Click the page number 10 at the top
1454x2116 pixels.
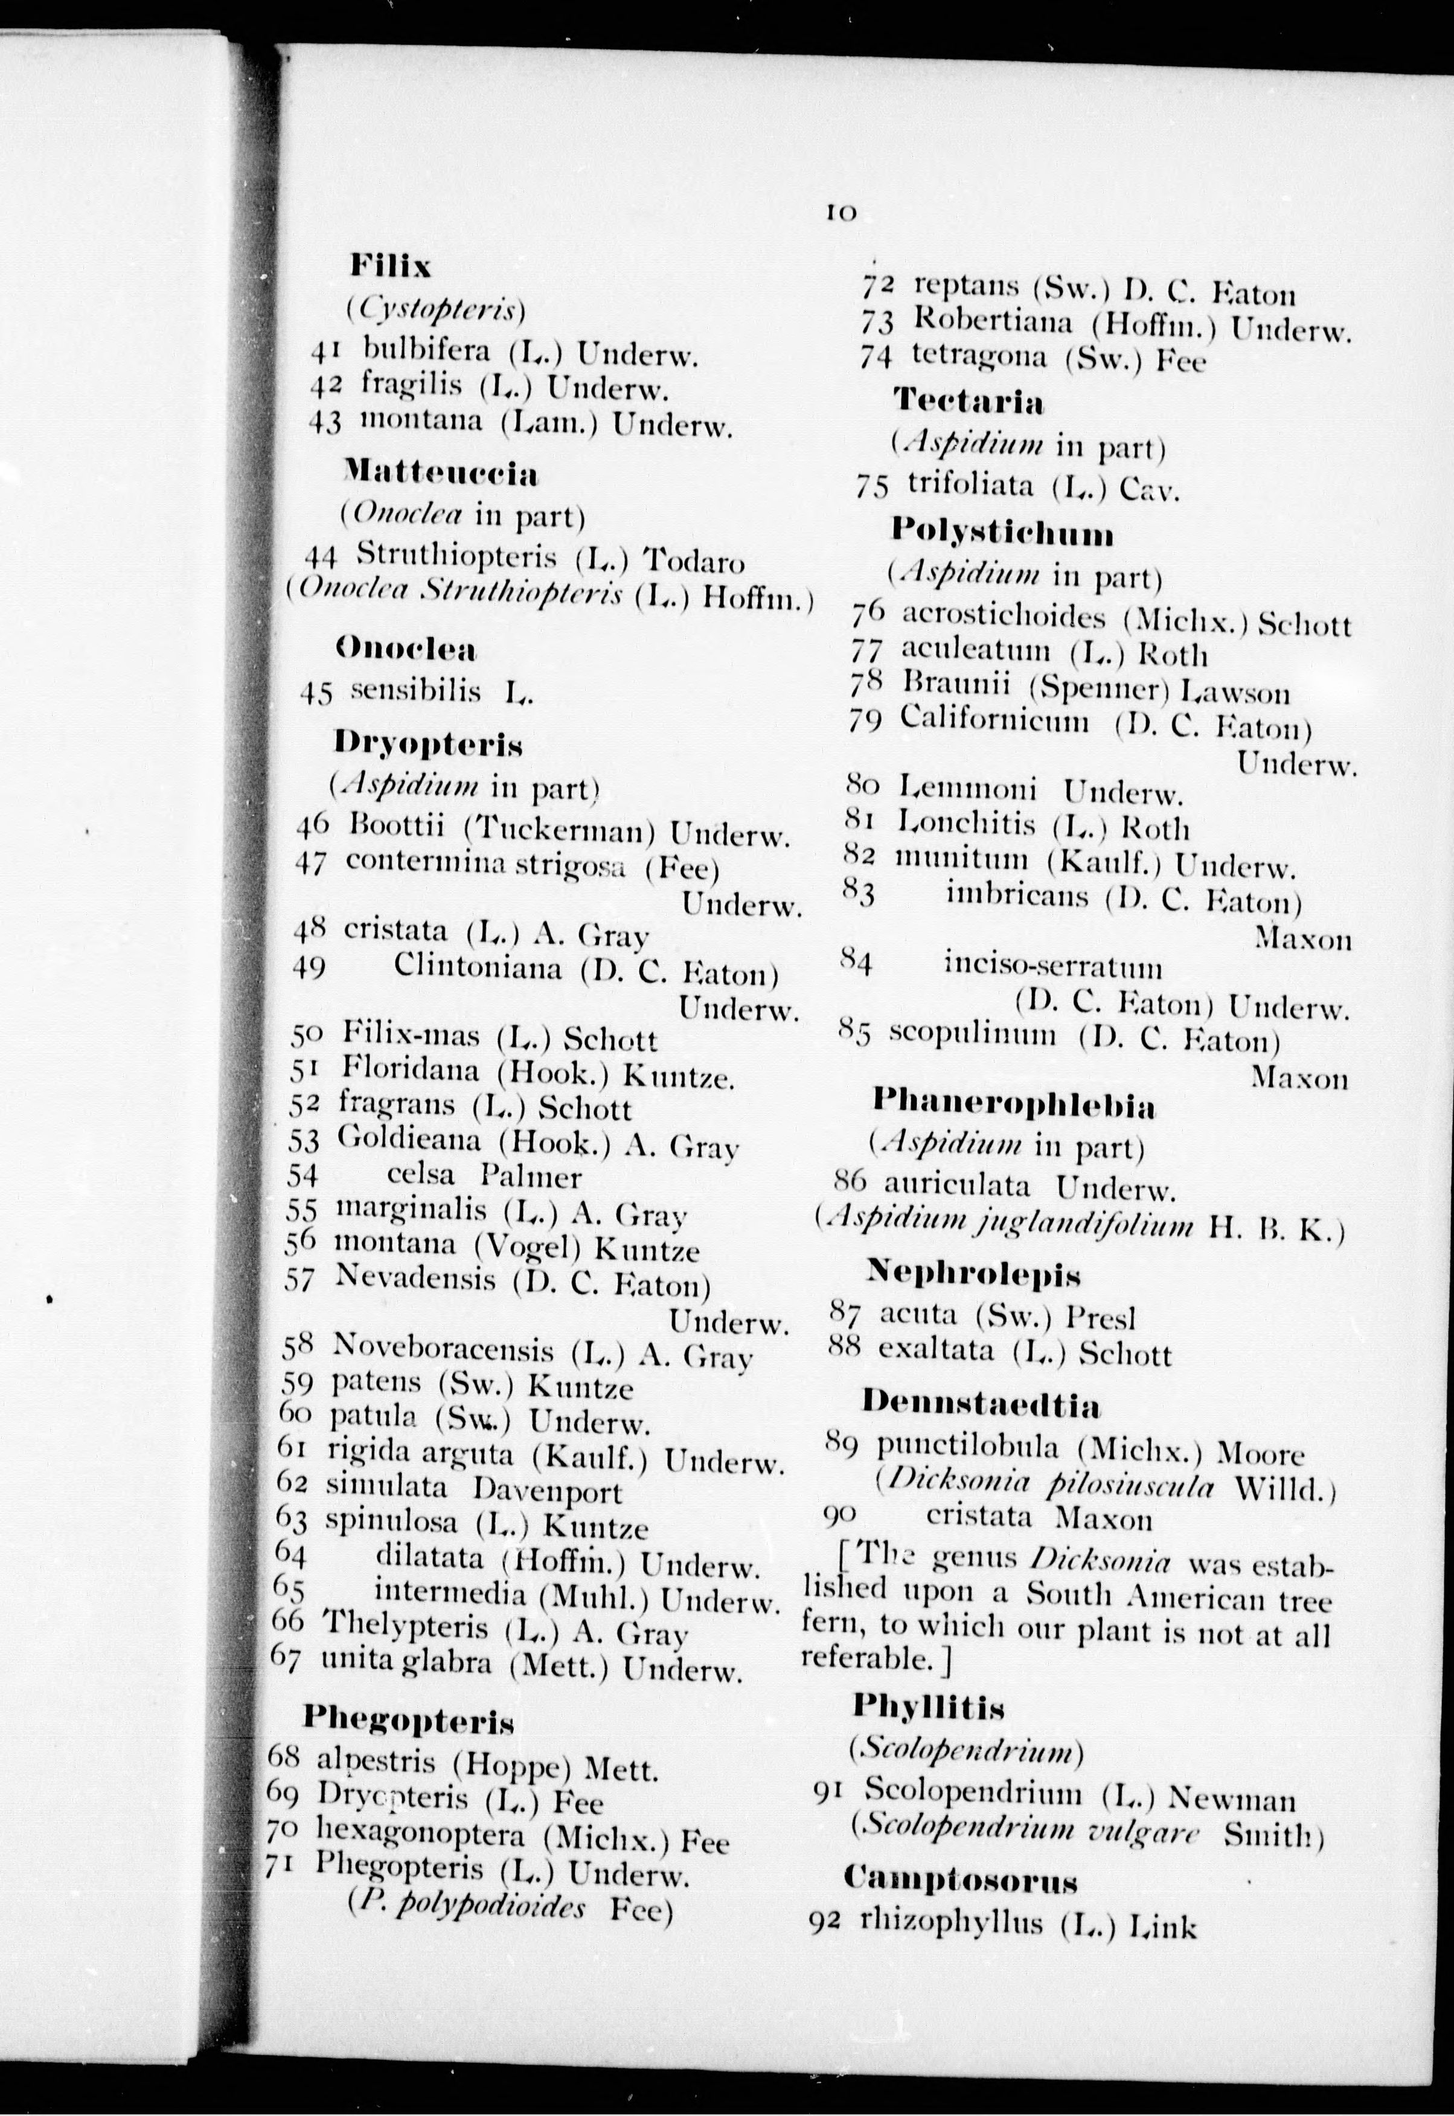click(840, 212)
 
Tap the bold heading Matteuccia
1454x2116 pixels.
click(440, 473)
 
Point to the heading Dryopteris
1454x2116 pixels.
click(428, 744)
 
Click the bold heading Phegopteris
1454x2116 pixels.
click(408, 1719)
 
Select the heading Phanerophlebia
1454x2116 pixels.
click(1014, 1105)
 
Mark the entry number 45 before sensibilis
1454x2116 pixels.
click(317, 693)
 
